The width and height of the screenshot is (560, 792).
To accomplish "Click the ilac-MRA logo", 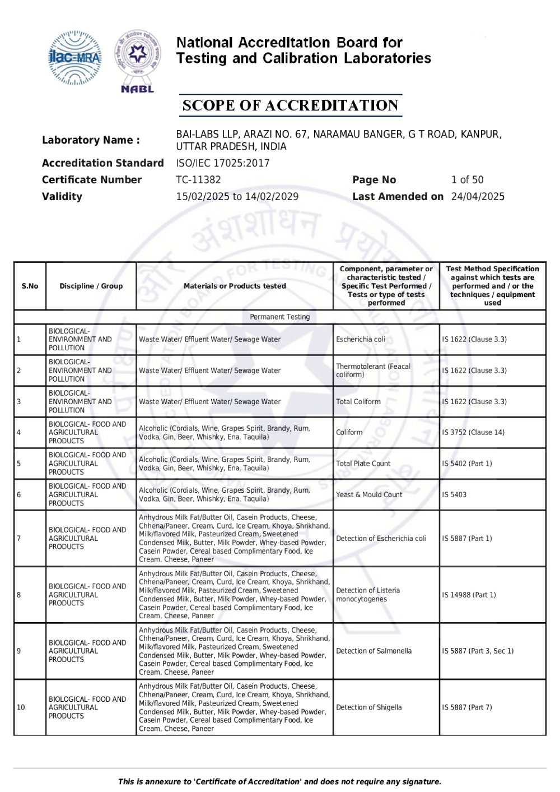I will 75,58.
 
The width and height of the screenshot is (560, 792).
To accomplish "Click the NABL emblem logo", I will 137,61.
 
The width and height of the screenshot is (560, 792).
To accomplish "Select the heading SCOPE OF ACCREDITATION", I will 291,105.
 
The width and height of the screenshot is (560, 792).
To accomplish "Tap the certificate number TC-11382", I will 198,180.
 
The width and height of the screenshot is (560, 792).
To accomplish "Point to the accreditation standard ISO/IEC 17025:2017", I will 222,163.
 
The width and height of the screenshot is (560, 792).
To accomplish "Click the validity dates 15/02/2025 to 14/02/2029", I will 237,197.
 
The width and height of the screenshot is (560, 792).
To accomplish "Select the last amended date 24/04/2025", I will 478,197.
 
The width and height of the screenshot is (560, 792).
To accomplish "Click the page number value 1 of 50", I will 467,180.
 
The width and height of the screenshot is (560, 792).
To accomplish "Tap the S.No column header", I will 30,286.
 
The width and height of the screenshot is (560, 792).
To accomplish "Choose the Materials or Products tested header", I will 235,286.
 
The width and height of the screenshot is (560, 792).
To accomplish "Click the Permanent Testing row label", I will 279,317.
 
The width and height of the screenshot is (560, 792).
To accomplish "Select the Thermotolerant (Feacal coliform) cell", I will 373,370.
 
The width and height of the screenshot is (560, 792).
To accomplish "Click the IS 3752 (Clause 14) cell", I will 473,433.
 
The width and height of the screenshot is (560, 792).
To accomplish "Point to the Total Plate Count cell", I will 363,464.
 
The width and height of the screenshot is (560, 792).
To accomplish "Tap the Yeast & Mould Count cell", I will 369,494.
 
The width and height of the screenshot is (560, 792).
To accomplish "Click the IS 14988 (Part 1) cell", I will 469,595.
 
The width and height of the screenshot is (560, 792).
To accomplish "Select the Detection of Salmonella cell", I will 374,651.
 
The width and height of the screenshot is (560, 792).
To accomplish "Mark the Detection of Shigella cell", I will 368,707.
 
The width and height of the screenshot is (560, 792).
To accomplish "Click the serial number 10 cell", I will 21,707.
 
